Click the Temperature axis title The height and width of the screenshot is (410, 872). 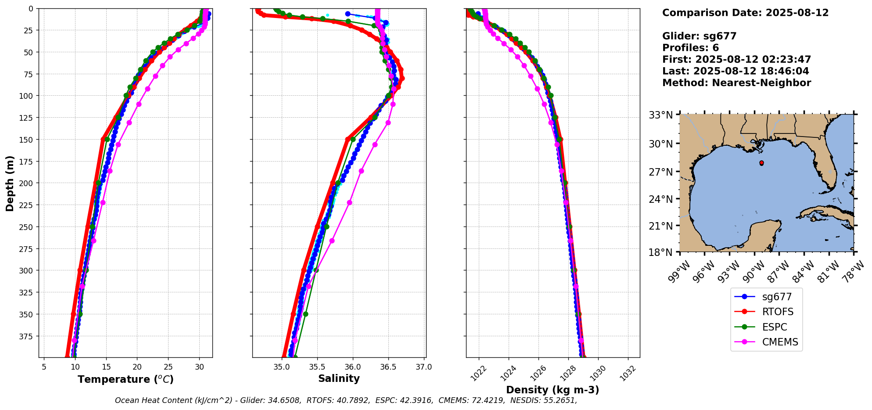tap(126, 379)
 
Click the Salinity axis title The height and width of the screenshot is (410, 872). tap(339, 379)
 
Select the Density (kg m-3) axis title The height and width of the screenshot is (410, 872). tap(553, 390)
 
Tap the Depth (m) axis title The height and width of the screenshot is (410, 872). tap(10, 183)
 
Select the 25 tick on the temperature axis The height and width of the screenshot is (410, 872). tap(168, 367)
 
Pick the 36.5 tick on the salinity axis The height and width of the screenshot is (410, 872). tap(388, 367)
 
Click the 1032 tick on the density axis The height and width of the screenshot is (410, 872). tap(628, 374)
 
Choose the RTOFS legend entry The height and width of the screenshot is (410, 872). tap(778, 312)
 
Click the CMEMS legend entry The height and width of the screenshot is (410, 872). tap(780, 342)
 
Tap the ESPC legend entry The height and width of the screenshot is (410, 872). tap(775, 327)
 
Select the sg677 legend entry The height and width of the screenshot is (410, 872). tap(777, 297)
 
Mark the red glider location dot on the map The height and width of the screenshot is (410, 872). tap(761, 163)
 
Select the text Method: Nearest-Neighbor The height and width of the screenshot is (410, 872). tap(736, 83)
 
